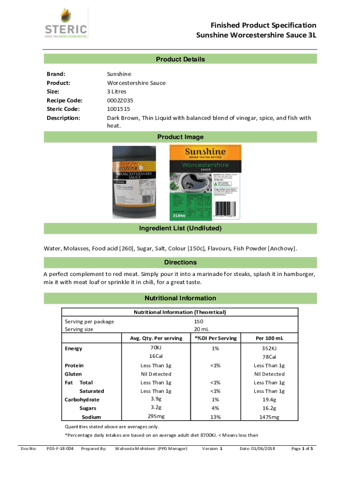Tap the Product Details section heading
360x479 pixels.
(x=180, y=59)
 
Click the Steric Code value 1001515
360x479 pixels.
(x=119, y=109)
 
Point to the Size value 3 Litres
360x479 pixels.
(x=120, y=92)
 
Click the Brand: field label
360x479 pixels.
(x=56, y=74)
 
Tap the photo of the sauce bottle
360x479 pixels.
(x=136, y=182)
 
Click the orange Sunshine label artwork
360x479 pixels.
(x=205, y=182)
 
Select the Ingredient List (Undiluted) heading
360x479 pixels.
(x=180, y=228)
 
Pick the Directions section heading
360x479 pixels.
(x=180, y=262)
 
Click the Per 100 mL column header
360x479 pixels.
(x=269, y=338)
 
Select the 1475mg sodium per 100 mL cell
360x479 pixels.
(x=269, y=417)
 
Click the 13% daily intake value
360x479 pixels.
(x=215, y=417)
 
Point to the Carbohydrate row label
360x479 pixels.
(x=82, y=399)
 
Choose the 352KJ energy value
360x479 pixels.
(x=269, y=348)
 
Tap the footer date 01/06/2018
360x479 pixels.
(x=257, y=449)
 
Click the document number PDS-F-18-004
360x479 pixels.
(x=60, y=449)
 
